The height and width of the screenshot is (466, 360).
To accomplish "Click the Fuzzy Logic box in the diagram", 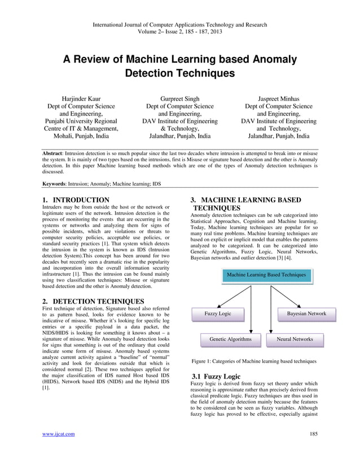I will (217, 314).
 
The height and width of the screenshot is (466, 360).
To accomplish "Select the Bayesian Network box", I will (306, 314).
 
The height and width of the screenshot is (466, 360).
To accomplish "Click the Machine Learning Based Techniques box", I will (266, 275).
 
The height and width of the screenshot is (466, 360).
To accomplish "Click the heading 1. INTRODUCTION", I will (76, 200).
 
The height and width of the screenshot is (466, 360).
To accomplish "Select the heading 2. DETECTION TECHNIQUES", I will (94, 301).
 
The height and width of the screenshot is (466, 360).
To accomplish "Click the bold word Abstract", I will (54, 152).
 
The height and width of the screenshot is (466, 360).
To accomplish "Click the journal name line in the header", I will (180, 24).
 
